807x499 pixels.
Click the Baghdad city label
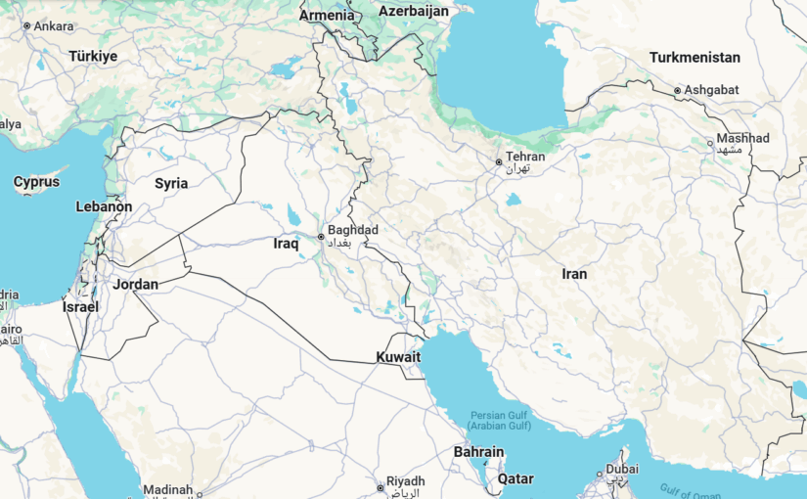point(354,231)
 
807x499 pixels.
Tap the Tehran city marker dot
point(498,161)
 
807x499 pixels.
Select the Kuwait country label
point(398,357)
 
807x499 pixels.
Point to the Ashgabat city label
point(711,90)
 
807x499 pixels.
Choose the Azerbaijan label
point(414,11)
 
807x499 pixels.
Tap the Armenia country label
point(327,15)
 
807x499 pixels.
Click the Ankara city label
point(54,25)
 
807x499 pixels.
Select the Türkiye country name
point(93,56)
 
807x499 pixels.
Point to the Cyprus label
point(36,182)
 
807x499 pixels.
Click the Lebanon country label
point(104,206)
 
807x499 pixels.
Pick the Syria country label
point(171,183)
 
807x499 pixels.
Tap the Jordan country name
point(135,285)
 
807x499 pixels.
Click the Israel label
point(80,306)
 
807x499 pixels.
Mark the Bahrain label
point(478,452)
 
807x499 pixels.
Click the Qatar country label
point(516,479)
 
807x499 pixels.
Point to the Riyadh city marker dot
point(380,487)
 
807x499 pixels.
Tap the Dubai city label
point(622,469)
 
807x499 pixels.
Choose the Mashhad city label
point(742,139)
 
